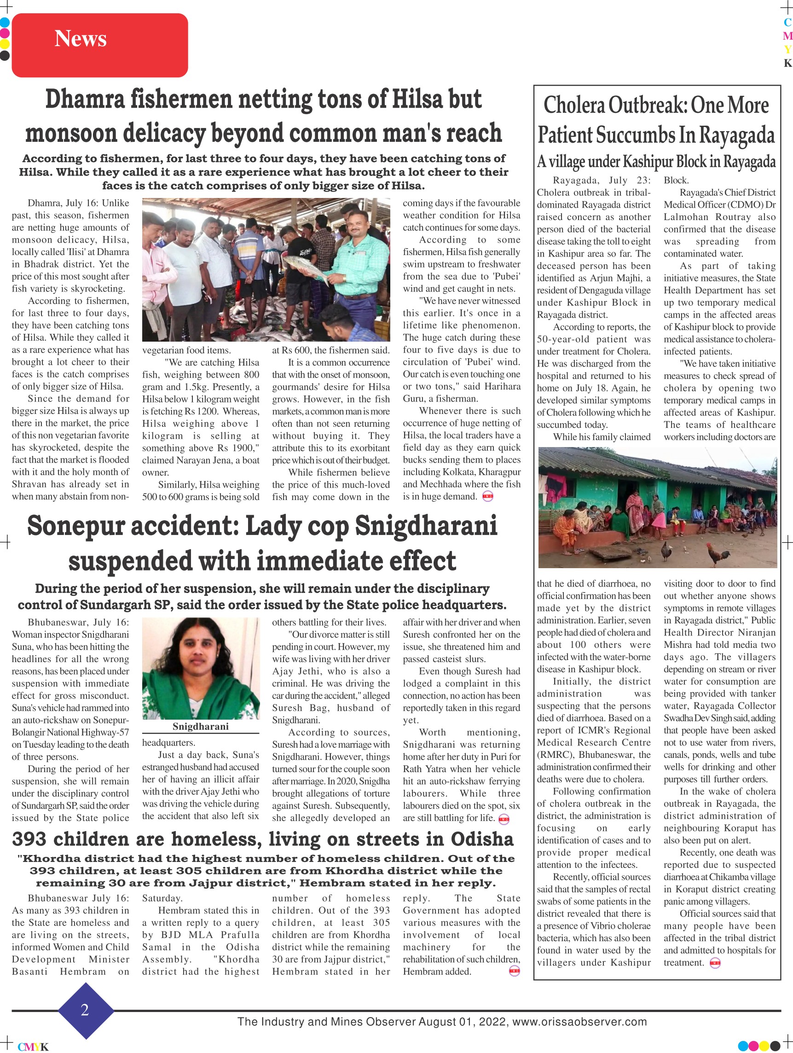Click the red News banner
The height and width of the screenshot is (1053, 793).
coord(99,45)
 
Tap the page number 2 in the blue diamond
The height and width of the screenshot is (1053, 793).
coord(85,1010)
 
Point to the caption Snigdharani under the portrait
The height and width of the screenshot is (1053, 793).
coord(200,727)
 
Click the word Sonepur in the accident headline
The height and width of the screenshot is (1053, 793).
coord(76,526)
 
